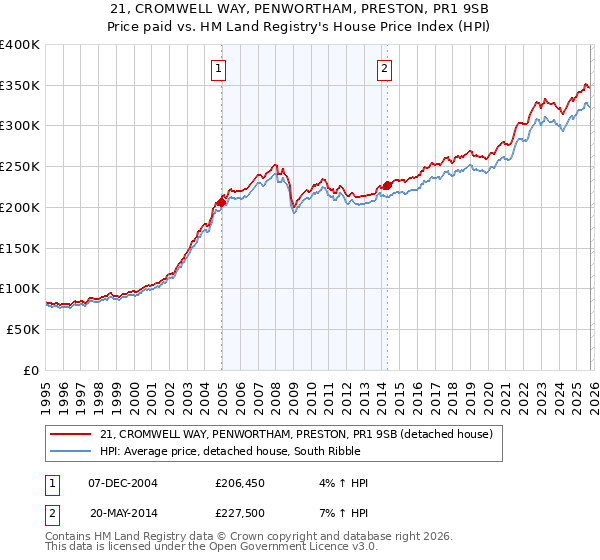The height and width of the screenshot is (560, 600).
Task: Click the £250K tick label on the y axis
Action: (20, 167)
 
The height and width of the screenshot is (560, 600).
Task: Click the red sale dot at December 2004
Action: (221, 202)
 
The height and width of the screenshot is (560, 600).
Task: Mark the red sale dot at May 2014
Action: (387, 185)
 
